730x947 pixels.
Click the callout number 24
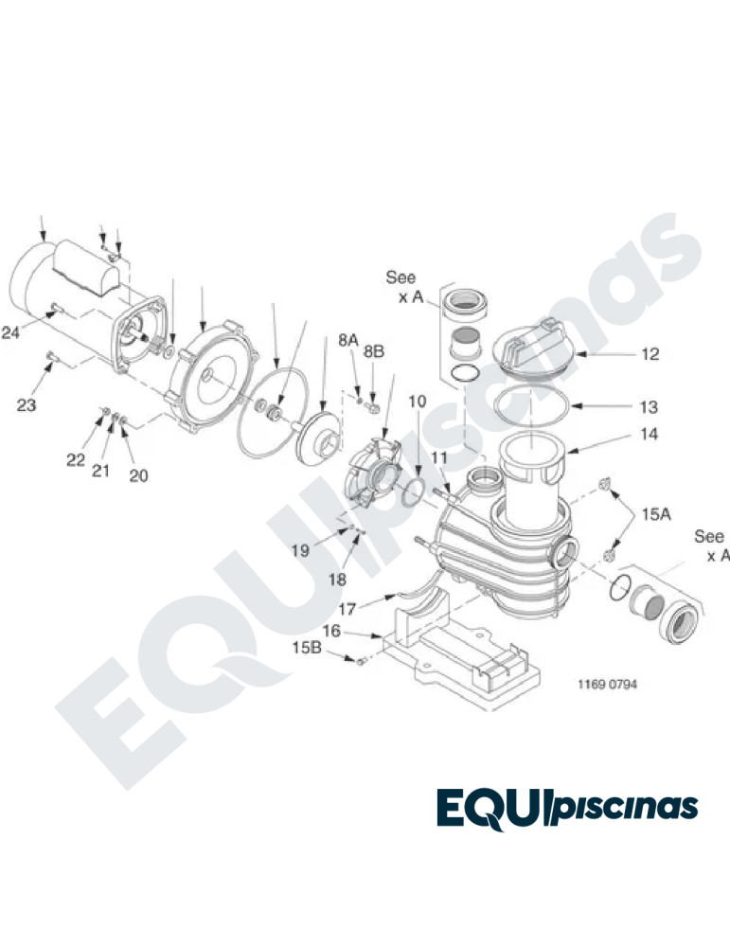pyautogui.click(x=10, y=332)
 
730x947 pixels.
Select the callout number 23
pyautogui.click(x=26, y=404)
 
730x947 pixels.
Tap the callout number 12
pyautogui.click(x=650, y=354)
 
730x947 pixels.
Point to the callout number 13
pyautogui.click(x=649, y=407)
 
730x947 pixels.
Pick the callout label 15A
pyautogui.click(x=656, y=514)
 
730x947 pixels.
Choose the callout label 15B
pyautogui.click(x=307, y=648)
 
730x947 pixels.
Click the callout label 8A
pyautogui.click(x=347, y=340)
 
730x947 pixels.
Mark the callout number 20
pyautogui.click(x=138, y=476)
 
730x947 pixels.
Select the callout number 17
pyautogui.click(x=347, y=609)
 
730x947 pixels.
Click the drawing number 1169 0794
pyautogui.click(x=607, y=685)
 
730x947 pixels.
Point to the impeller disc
pyautogui.click(x=320, y=439)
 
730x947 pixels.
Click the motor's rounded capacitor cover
pyautogui.click(x=86, y=267)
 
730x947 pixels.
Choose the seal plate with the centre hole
pyautogui.click(x=212, y=376)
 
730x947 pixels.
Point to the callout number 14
pyautogui.click(x=649, y=434)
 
